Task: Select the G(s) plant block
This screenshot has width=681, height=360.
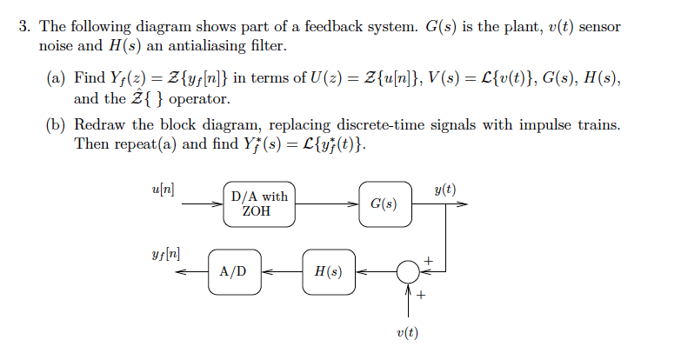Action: [384, 204]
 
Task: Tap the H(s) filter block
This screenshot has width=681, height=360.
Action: [328, 271]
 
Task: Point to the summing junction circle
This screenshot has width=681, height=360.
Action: [406, 271]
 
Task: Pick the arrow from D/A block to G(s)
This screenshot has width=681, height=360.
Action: [326, 205]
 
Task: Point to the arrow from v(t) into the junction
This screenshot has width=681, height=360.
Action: [406, 300]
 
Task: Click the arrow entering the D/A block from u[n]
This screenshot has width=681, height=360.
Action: [204, 205]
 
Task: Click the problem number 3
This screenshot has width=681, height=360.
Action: [25, 27]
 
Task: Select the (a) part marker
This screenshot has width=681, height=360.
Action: [56, 80]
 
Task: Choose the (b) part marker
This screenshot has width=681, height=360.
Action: [56, 125]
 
